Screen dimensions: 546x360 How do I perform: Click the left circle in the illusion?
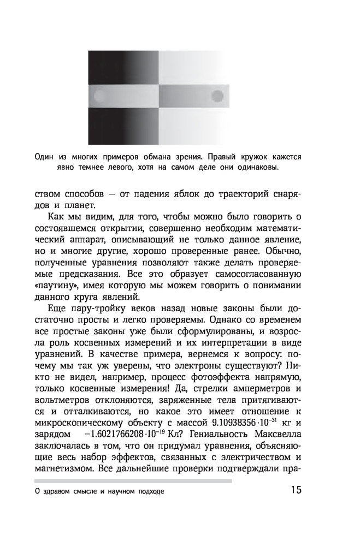click(100, 97)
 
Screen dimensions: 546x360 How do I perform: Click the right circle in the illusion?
click(217, 97)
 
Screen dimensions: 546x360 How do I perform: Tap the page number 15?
click(296, 490)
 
